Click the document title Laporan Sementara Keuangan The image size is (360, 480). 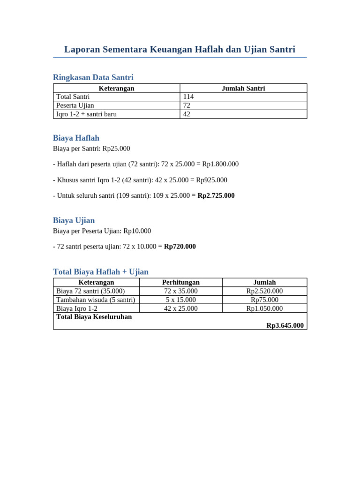click(x=180, y=49)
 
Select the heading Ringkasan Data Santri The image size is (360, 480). click(x=93, y=77)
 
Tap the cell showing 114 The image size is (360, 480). click(x=188, y=97)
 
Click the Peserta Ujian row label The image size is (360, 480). click(x=75, y=105)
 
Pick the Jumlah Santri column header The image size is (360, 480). click(x=243, y=88)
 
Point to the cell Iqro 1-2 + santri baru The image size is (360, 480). click(x=86, y=114)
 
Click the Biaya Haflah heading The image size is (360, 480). click(x=76, y=138)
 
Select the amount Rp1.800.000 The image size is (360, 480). click(x=220, y=164)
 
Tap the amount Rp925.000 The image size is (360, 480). click(x=211, y=180)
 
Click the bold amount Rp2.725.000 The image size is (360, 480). click(x=216, y=195)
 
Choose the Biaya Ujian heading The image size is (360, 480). click(x=74, y=220)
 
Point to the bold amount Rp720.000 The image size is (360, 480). click(x=180, y=246)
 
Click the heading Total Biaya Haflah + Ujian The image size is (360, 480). click(x=101, y=272)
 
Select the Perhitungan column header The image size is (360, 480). click(x=181, y=282)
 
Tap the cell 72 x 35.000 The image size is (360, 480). click(x=181, y=291)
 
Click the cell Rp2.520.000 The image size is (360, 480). click(x=264, y=291)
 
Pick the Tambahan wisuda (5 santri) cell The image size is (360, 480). click(x=96, y=300)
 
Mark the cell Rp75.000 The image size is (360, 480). click(x=264, y=300)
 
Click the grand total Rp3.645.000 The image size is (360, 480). click(x=285, y=325)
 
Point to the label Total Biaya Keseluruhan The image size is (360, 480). click(x=94, y=317)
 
